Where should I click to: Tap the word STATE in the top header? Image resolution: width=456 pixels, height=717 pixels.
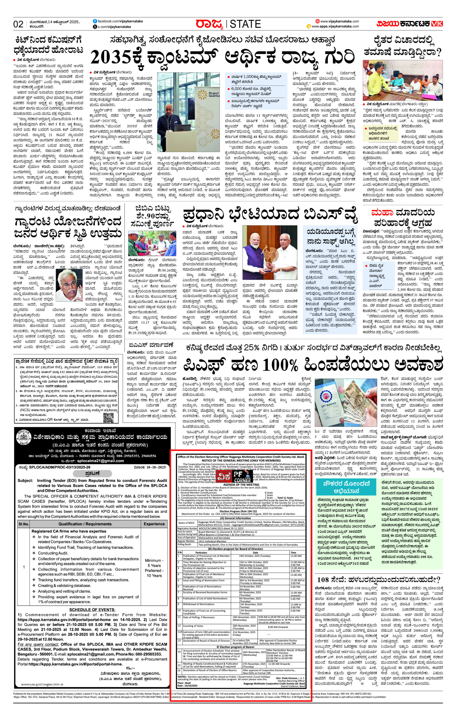tap(245, 24)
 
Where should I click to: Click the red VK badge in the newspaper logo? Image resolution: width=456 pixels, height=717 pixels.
tap(438, 24)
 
